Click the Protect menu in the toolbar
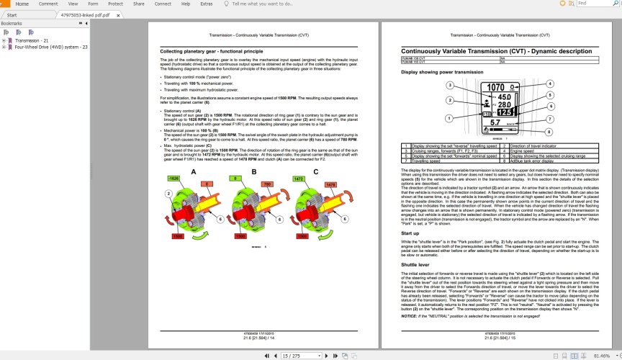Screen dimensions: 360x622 (115, 4)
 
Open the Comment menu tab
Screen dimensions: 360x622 (48, 4)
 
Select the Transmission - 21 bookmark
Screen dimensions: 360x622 (32, 40)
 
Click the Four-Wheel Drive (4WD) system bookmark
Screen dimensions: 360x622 (51, 47)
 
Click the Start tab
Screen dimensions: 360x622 (12, 14)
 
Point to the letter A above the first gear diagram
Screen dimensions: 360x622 (192, 171)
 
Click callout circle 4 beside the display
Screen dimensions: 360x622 (550, 84)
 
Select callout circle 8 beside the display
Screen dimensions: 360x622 (550, 131)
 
